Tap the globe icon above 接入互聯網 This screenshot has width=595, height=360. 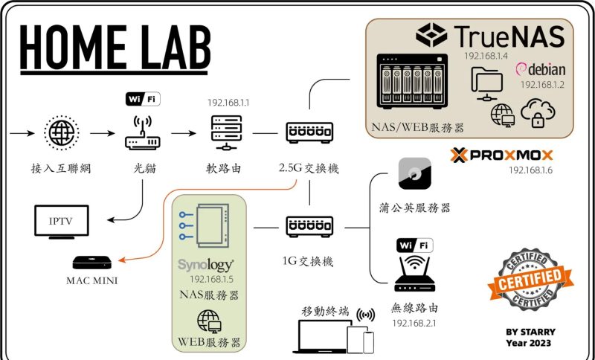coord(62,135)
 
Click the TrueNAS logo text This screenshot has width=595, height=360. coord(490,35)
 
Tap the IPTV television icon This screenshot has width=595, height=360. coord(62,221)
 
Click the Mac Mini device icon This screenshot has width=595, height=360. coord(92,262)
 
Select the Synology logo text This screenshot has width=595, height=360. coord(206,266)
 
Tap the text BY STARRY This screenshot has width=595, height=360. coord(530,332)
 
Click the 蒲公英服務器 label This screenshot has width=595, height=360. coord(421,208)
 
